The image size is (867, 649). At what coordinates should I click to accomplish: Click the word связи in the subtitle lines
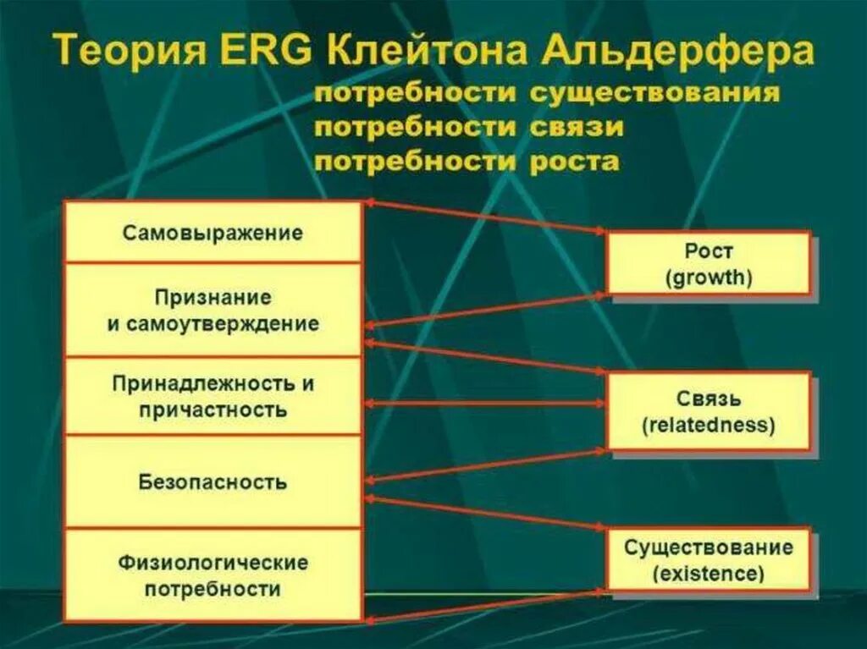tap(577, 128)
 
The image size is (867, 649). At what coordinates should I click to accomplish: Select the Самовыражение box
tap(213, 233)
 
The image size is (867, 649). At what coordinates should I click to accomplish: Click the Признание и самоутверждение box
tap(213, 310)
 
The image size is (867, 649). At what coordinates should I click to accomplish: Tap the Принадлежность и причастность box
tap(213, 396)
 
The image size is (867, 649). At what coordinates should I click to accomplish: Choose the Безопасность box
tap(213, 482)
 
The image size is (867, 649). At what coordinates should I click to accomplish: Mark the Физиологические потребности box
tap(213, 575)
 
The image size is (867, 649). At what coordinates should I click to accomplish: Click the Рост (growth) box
tap(709, 263)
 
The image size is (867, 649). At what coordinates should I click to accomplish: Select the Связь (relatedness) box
tap(709, 410)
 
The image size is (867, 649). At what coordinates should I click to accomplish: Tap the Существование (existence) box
tap(709, 559)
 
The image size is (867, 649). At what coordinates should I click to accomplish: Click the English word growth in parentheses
tap(709, 277)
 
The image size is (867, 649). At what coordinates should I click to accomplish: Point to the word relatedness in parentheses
tap(709, 425)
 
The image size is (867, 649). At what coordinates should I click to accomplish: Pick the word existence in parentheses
tap(709, 574)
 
